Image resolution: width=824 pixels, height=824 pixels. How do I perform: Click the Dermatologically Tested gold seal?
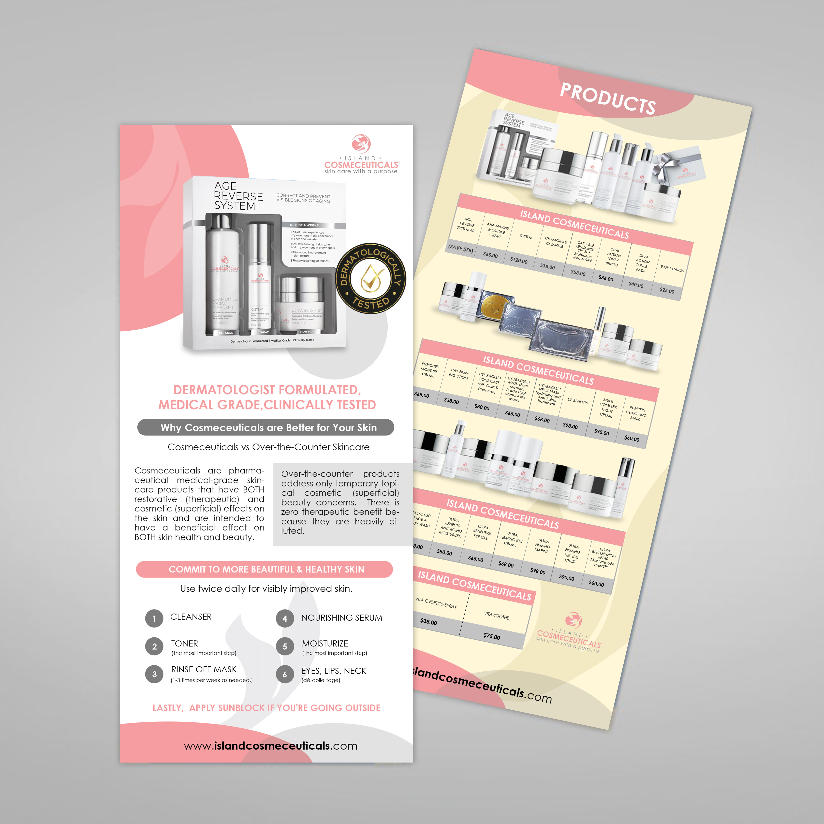371,278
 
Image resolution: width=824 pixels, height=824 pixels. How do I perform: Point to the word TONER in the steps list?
184,643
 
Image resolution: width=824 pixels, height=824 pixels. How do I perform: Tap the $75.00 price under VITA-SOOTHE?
492,636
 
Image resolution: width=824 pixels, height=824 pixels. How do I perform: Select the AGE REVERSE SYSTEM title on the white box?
238,196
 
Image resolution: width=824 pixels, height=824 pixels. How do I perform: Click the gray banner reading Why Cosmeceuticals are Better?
265,427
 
